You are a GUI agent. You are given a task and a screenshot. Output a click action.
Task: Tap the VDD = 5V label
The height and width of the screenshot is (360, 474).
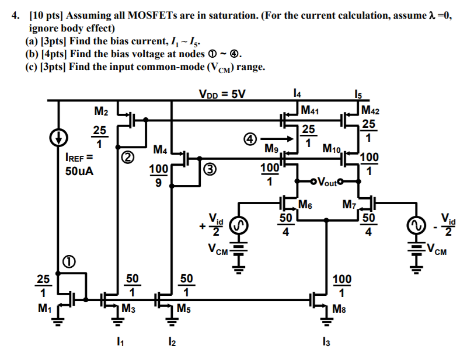222,93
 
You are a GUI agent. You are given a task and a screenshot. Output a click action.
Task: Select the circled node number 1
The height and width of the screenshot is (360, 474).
68,261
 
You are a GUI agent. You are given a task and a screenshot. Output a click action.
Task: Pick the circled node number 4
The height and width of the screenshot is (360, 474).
250,139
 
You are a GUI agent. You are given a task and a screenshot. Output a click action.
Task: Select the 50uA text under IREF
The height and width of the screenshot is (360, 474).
79,172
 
